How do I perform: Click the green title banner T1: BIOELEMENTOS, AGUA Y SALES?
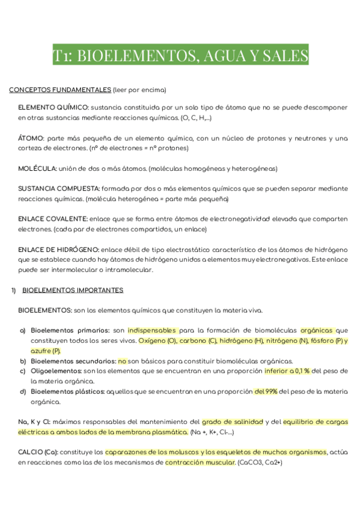tap(180, 56)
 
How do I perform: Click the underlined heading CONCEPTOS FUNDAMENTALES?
tap(59, 90)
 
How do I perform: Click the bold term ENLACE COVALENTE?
tap(53, 218)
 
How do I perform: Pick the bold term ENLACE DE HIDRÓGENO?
tap(59, 249)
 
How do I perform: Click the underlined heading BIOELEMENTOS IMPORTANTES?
tap(73, 290)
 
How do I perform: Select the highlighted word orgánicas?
tap(316, 330)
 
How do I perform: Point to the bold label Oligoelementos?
tap(56, 371)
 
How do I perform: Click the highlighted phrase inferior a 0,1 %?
tap(287, 371)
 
